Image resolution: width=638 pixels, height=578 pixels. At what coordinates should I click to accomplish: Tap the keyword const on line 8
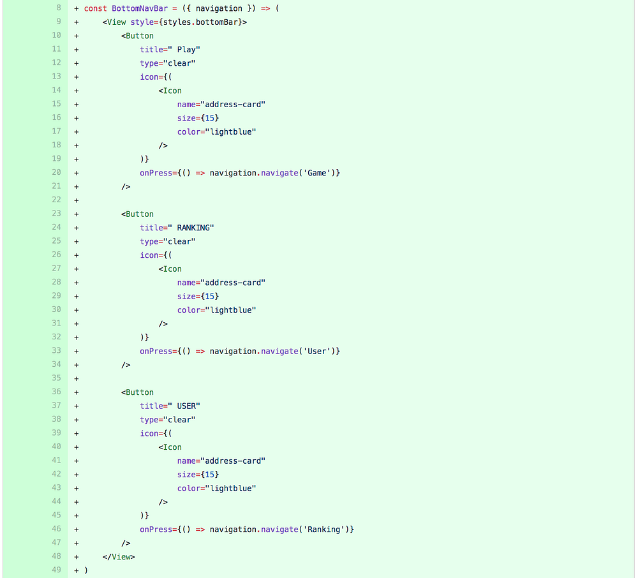96,8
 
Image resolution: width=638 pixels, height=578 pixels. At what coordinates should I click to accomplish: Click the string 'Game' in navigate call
317,173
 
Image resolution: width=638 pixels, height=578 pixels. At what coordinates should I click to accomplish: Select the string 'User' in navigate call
317,351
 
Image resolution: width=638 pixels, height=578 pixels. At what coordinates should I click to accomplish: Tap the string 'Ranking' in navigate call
324,530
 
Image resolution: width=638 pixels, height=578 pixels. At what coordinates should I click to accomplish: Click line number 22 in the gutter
56,200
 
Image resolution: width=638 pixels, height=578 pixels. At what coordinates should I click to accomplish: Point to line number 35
56,378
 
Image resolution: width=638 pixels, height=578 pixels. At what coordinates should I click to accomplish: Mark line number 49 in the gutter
56,570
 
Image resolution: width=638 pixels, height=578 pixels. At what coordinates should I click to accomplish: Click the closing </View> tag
119,556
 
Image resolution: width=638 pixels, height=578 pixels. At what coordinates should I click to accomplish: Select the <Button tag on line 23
137,214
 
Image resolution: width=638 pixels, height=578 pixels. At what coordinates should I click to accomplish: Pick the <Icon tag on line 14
170,91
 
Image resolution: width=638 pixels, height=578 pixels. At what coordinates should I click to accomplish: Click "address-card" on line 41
233,461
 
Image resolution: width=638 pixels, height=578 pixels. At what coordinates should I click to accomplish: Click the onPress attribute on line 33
156,351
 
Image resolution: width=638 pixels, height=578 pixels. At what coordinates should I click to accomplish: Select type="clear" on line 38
168,420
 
